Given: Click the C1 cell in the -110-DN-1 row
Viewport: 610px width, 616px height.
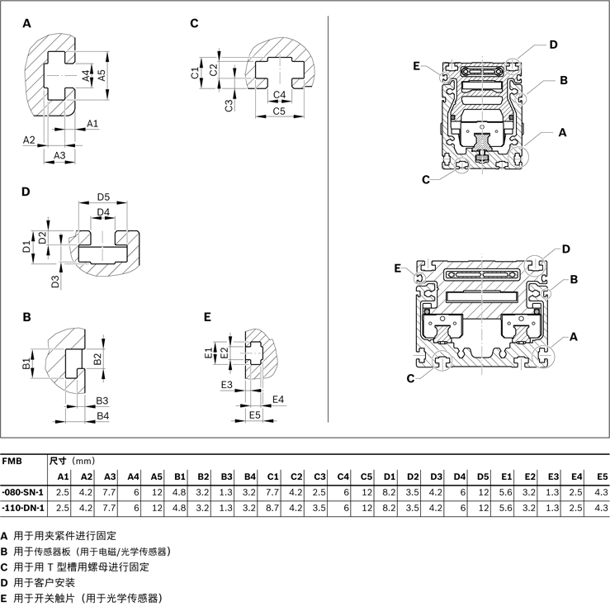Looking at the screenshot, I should tap(273, 506).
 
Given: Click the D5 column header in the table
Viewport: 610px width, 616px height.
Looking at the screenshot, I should tap(483, 476).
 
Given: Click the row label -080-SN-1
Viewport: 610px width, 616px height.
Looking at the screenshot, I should tap(23, 491).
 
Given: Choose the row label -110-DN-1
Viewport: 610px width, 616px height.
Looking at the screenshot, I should tap(23, 506).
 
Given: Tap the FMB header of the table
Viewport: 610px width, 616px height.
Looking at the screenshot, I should tap(12, 461).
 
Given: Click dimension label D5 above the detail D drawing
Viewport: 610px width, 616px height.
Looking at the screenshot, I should tap(103, 197).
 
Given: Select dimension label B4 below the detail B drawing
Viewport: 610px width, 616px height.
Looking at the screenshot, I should tap(103, 415).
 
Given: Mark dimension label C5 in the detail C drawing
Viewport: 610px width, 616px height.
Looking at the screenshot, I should tap(279, 111).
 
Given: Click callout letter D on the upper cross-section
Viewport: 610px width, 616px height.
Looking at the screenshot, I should tap(554, 45).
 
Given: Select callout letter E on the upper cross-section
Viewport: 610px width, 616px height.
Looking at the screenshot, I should tap(417, 65).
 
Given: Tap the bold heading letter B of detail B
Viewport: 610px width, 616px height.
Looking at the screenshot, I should tap(26, 316).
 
